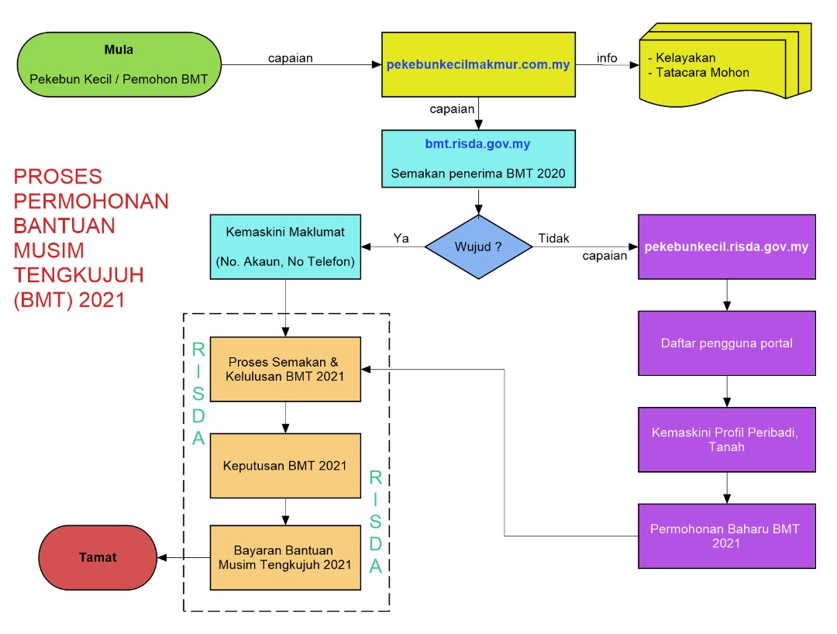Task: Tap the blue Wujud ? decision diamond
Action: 478,247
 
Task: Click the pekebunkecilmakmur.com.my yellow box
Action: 478,64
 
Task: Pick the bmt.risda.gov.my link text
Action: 478,144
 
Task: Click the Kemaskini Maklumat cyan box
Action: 285,247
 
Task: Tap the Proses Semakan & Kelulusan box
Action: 285,369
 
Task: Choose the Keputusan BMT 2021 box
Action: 285,466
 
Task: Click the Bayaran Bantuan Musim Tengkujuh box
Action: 285,557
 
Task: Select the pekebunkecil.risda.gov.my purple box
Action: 726,247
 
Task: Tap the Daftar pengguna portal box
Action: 726,343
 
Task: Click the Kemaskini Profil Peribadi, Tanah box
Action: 726,439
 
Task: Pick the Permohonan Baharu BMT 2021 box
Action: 726,536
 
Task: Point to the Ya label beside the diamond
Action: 401,237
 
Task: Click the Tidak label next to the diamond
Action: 554,237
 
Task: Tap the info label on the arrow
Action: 607,57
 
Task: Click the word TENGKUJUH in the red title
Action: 79,276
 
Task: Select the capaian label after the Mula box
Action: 291,58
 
